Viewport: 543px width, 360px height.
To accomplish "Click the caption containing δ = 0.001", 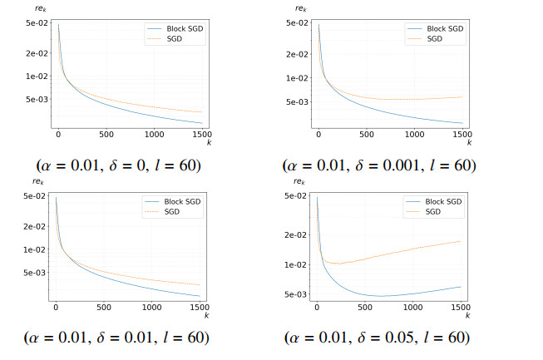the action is (x=379, y=165).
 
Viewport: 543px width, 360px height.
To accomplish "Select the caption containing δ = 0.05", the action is (x=377, y=338).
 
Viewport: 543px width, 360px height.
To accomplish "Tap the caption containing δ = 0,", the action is (x=118, y=165).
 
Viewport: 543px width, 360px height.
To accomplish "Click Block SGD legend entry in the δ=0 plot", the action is (x=175, y=29).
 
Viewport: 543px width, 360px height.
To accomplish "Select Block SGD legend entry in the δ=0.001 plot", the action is (x=435, y=29).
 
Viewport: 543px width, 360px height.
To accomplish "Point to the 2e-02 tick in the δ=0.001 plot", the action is (x=297, y=54).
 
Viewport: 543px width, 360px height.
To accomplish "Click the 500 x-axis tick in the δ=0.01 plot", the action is (x=104, y=307).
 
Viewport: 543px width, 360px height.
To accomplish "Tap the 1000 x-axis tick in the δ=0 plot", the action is (x=154, y=134).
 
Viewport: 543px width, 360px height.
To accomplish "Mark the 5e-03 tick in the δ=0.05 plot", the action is (x=295, y=294).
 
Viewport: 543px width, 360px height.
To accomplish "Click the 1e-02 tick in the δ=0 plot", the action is (x=37, y=76).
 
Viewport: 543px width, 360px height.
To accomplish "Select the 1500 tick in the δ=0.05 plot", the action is (x=461, y=307).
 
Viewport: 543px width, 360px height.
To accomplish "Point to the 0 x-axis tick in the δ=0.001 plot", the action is (x=318, y=134).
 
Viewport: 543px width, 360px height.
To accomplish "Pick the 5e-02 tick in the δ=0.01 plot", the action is (x=34, y=196).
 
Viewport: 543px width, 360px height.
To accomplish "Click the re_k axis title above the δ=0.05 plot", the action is (x=299, y=181).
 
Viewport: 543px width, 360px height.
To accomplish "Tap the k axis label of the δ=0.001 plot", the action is (x=469, y=142).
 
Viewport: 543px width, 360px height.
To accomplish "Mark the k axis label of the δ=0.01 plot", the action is (x=207, y=315).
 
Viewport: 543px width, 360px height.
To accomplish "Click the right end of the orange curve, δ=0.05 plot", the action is (x=461, y=241).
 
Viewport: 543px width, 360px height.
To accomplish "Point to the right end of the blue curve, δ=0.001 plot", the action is (x=462, y=123).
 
